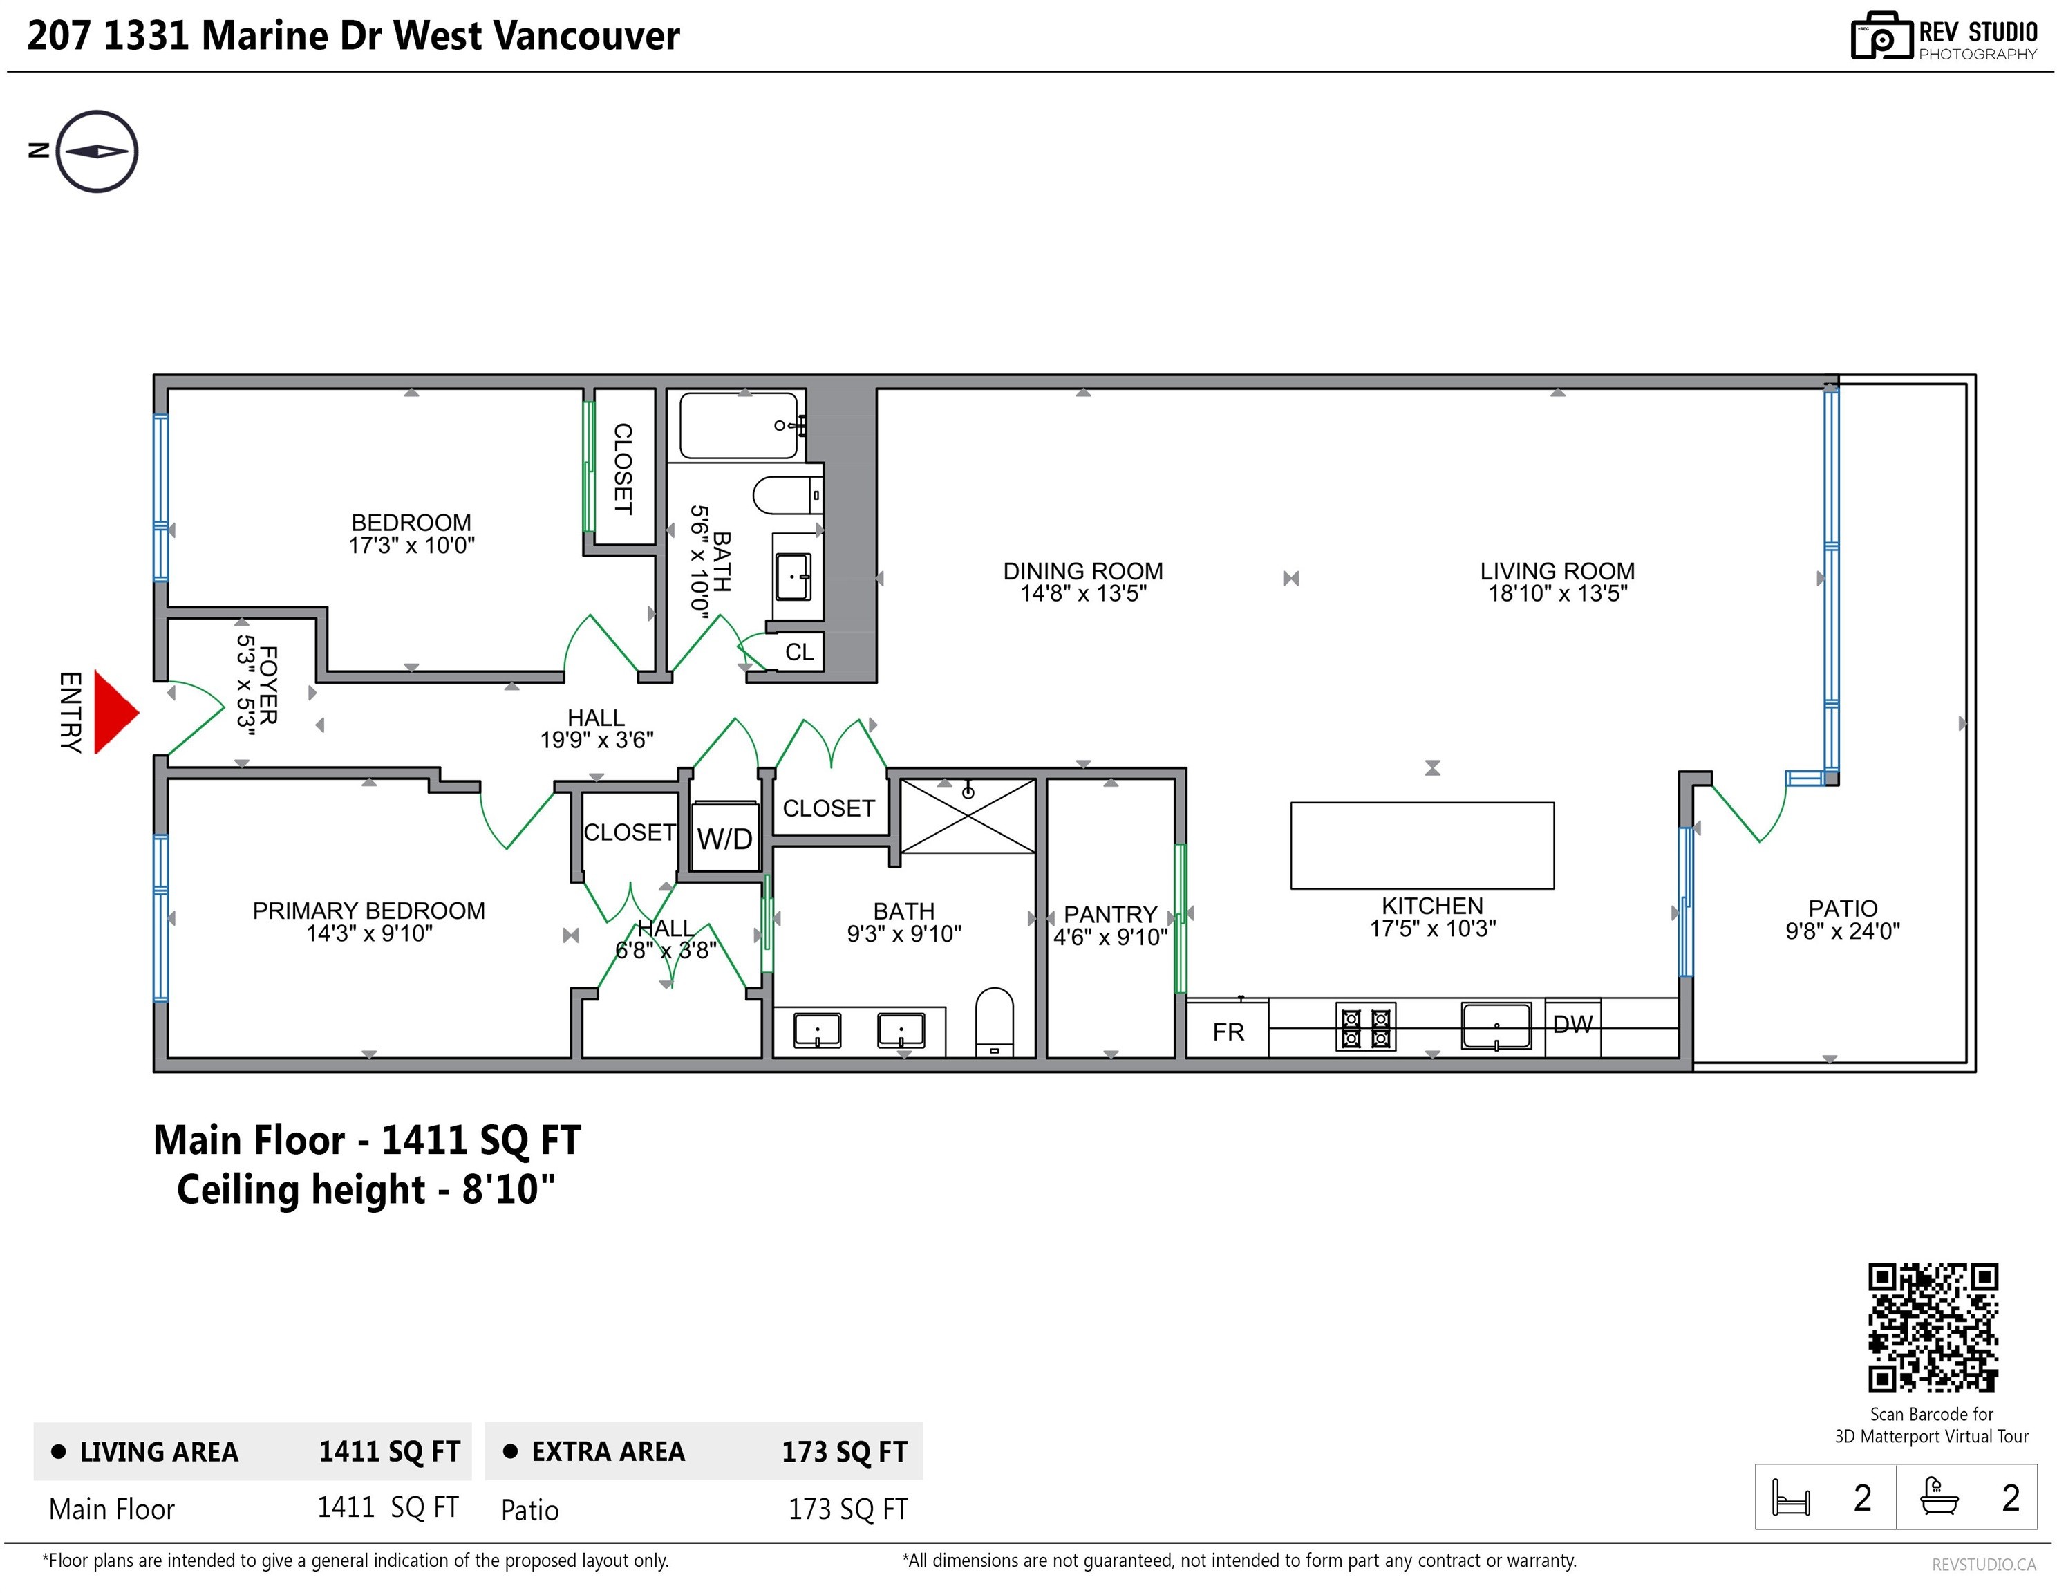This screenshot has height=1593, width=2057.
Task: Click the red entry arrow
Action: (x=115, y=712)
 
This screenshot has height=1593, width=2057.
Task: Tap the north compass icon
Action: (x=97, y=151)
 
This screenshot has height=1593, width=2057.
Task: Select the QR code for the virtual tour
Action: (x=1933, y=1327)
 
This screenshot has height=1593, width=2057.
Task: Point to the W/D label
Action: (x=724, y=839)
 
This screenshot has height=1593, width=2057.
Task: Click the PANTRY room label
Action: (x=1111, y=914)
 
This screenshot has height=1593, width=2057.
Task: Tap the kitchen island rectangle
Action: (x=1422, y=845)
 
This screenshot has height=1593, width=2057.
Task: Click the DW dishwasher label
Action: (x=1573, y=1024)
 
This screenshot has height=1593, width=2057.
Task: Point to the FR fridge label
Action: (x=1228, y=1032)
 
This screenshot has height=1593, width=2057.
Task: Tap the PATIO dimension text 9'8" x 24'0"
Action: (x=1843, y=931)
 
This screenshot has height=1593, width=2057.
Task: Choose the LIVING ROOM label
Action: (x=1557, y=571)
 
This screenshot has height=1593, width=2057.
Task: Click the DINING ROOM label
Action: (x=1083, y=571)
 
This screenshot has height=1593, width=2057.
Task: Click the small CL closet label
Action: (x=799, y=652)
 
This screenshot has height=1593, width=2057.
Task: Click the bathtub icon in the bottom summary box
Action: (x=1940, y=1497)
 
